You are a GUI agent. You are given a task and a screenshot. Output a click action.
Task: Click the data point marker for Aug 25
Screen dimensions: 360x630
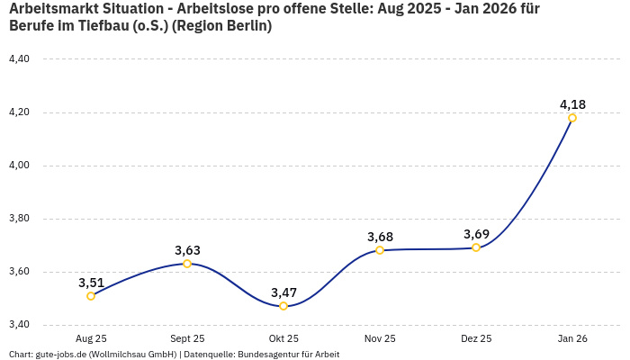click(x=91, y=296)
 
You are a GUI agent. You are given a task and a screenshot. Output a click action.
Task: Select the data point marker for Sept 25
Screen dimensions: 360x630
click(x=187, y=264)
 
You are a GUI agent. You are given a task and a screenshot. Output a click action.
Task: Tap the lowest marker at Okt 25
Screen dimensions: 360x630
click(x=283, y=306)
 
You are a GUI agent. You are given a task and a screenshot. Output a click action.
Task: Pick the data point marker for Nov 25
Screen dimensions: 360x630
click(x=380, y=250)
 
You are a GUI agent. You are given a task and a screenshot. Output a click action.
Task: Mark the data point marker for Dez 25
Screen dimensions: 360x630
click(x=476, y=247)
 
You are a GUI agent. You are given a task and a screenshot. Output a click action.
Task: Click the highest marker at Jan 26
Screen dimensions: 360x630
click(x=572, y=118)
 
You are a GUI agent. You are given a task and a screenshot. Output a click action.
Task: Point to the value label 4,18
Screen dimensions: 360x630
click(x=572, y=103)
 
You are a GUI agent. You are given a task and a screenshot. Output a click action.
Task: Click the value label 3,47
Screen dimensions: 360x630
click(x=283, y=292)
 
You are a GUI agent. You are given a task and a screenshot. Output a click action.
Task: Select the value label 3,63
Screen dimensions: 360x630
click(x=187, y=250)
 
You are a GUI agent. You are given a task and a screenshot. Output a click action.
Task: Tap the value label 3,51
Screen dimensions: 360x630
click(x=91, y=283)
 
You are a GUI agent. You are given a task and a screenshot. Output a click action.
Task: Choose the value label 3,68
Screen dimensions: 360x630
click(x=380, y=237)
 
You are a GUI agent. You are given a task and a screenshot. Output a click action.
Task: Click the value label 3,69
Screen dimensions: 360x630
click(x=476, y=234)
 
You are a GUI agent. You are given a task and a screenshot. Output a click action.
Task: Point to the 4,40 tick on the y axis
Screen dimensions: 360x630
click(x=19, y=59)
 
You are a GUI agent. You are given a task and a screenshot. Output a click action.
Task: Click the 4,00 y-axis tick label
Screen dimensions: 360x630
click(x=19, y=166)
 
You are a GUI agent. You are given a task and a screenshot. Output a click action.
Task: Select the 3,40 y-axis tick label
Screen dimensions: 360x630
click(x=19, y=325)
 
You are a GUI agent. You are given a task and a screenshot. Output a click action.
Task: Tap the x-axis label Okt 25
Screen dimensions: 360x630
click(x=283, y=338)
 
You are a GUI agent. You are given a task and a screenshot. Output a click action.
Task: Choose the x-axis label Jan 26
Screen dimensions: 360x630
click(x=572, y=338)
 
